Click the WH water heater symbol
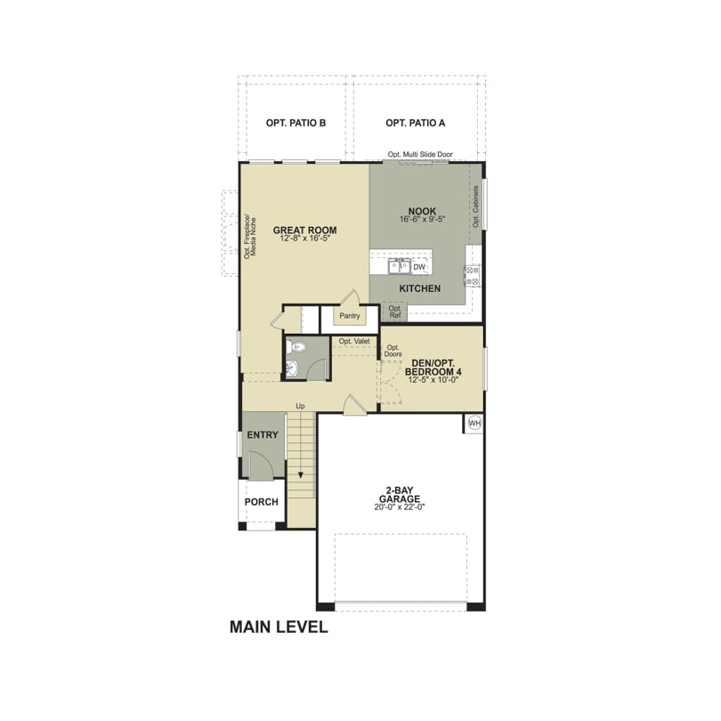(x=474, y=423)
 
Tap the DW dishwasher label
(x=419, y=267)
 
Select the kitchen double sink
(x=399, y=266)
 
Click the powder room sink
(x=293, y=368)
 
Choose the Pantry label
(x=350, y=316)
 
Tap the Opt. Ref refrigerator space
(x=395, y=312)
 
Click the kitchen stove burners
(x=473, y=275)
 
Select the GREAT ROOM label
(x=304, y=230)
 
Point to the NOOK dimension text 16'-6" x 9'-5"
(x=422, y=219)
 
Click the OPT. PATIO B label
(x=296, y=123)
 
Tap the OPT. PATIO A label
(x=415, y=123)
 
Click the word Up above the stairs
(x=300, y=406)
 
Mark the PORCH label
(x=261, y=502)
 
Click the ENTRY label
(x=263, y=434)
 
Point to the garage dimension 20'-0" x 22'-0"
(x=400, y=507)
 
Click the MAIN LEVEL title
(x=279, y=627)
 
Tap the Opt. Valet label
(x=354, y=341)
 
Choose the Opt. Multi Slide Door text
(x=420, y=155)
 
